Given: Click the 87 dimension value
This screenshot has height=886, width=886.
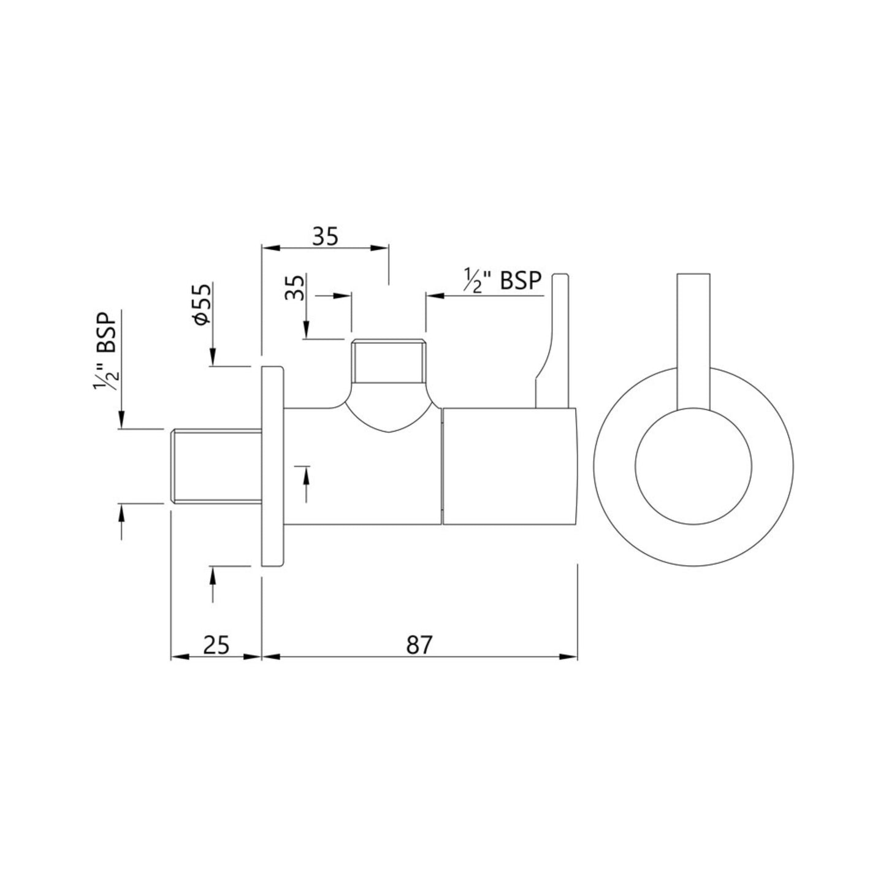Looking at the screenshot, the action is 419,645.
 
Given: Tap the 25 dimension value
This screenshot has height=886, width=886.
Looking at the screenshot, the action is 216,645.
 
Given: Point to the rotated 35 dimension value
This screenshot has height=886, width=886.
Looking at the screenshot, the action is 295,288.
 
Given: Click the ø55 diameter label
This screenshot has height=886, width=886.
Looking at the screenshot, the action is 202,304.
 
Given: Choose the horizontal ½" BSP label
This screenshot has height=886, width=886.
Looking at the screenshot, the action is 503,280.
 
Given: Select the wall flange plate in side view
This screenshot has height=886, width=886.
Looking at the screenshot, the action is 272,466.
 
